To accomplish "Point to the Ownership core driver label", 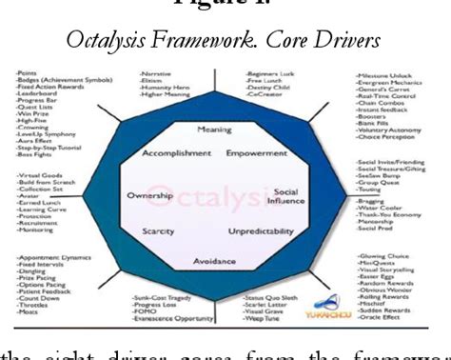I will point(150,195).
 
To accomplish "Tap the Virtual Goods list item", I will point(41,177).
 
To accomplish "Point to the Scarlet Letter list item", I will point(264,306).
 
